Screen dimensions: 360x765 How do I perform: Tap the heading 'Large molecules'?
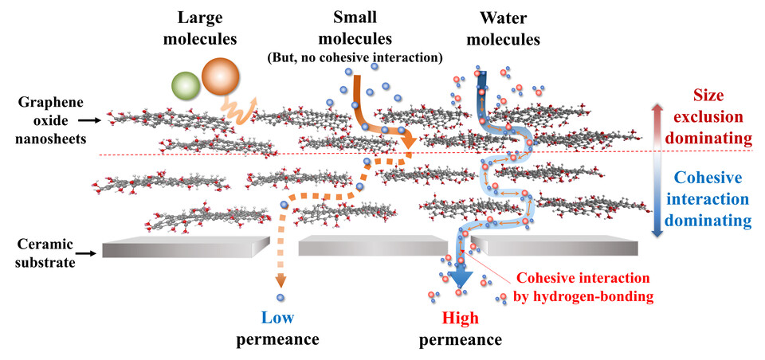[x=206, y=27]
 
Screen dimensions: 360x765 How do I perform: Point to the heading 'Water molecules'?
[x=510, y=27]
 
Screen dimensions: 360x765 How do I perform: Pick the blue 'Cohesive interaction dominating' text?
[x=710, y=196]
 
